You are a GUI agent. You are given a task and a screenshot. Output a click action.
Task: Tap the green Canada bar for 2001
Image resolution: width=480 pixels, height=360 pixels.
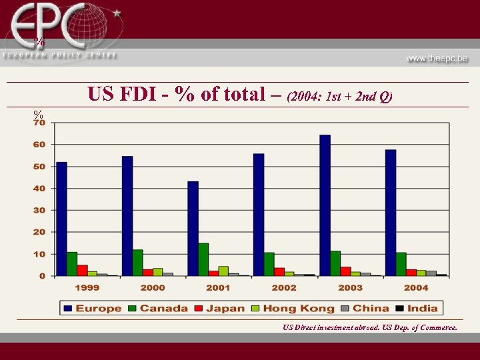(x=203, y=259)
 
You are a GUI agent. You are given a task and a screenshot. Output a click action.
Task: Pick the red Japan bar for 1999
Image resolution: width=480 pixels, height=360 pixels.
(x=82, y=270)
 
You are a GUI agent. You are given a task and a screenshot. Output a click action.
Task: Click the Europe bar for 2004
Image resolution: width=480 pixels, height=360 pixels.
(x=391, y=213)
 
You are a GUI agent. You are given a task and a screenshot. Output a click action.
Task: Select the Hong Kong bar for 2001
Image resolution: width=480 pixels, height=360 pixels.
(x=223, y=271)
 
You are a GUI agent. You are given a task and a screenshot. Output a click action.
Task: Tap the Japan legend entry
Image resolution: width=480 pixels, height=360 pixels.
(x=221, y=308)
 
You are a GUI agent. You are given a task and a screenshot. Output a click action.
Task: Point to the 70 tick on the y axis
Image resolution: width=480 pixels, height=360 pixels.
(x=39, y=123)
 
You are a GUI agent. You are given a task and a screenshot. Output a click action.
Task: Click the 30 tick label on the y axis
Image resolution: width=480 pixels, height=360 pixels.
(x=39, y=210)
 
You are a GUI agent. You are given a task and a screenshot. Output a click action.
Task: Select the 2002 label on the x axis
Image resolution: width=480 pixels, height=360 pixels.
(x=284, y=287)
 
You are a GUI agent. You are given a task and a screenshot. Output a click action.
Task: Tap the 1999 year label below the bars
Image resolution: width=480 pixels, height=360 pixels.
(x=87, y=287)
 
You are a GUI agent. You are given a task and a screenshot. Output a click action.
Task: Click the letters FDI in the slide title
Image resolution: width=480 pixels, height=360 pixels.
(x=145, y=95)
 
